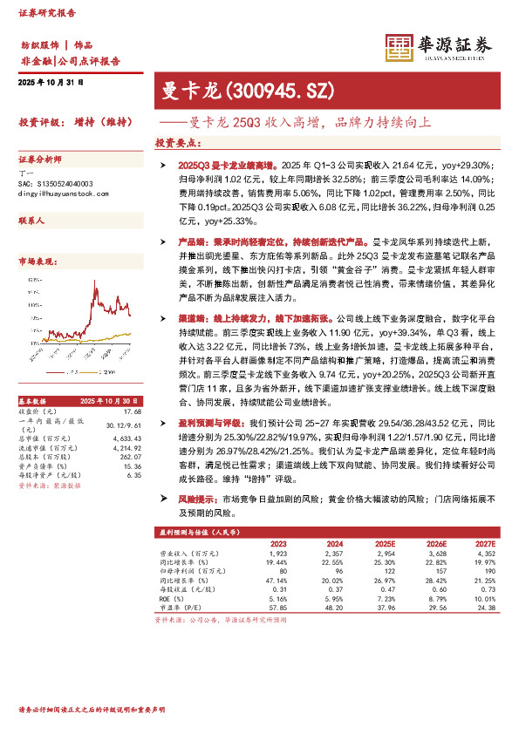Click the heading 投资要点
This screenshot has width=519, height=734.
178,142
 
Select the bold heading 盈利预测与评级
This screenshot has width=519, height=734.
209,422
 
